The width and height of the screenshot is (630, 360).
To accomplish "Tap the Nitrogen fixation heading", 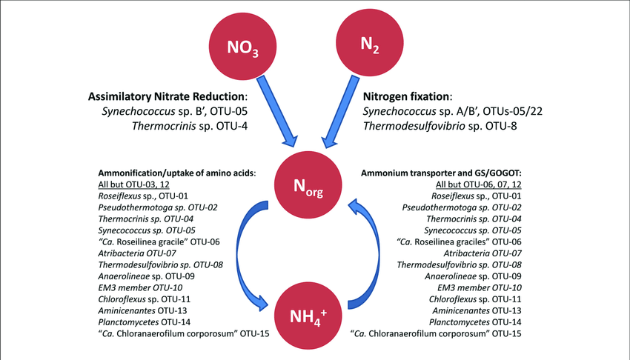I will coord(408,97).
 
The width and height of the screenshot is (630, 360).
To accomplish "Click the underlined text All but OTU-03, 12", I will coord(138,183).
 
